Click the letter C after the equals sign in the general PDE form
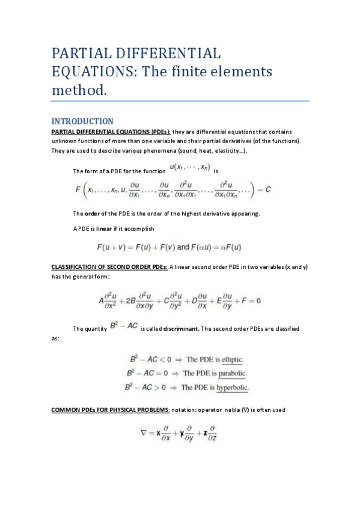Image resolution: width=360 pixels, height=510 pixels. [x=269, y=189]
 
